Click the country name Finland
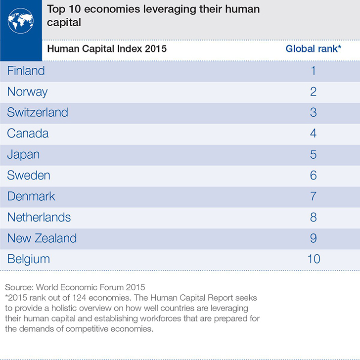click(x=26, y=71)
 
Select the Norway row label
click(x=27, y=91)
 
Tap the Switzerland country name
click(x=38, y=112)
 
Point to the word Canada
click(x=28, y=134)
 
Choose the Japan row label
click(x=23, y=154)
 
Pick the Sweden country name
click(x=29, y=176)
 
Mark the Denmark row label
click(x=31, y=196)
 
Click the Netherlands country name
click(x=39, y=217)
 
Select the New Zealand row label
click(x=42, y=238)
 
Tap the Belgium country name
click(x=29, y=259)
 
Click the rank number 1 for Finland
click(x=313, y=71)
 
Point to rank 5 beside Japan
click(x=313, y=154)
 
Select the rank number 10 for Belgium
click(x=313, y=259)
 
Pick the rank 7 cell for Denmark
click(x=313, y=196)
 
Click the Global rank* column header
click(x=313, y=49)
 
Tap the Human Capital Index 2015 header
click(x=106, y=49)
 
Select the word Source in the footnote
click(x=18, y=287)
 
